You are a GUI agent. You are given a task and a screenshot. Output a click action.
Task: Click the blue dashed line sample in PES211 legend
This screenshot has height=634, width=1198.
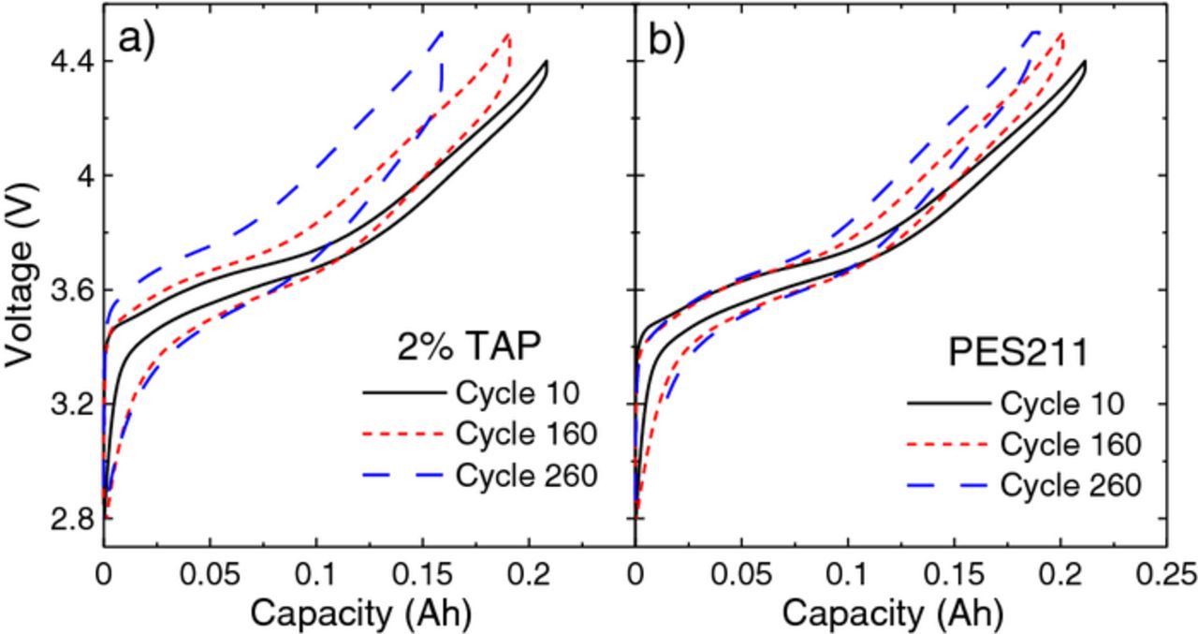(947, 486)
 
